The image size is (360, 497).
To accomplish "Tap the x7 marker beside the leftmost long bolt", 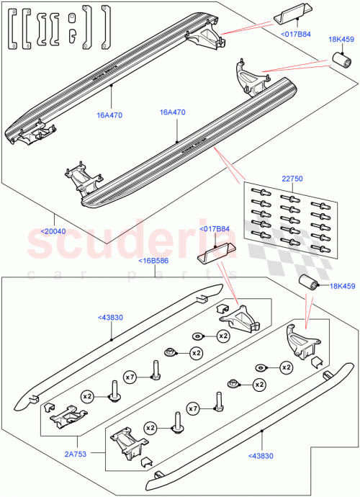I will [x=130, y=377].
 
